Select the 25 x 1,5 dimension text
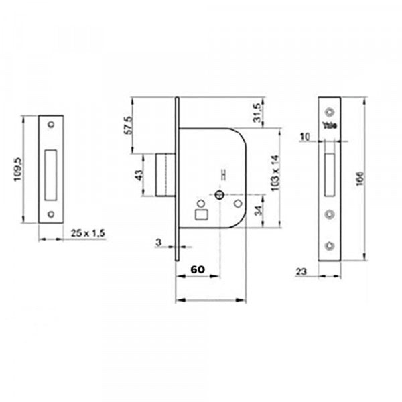coord(88,232)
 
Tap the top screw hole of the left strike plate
coord(51,125)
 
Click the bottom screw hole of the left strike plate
coord(51,215)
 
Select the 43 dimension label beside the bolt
coord(138,176)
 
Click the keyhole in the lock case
coord(219,194)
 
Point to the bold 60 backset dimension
coord(198,269)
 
